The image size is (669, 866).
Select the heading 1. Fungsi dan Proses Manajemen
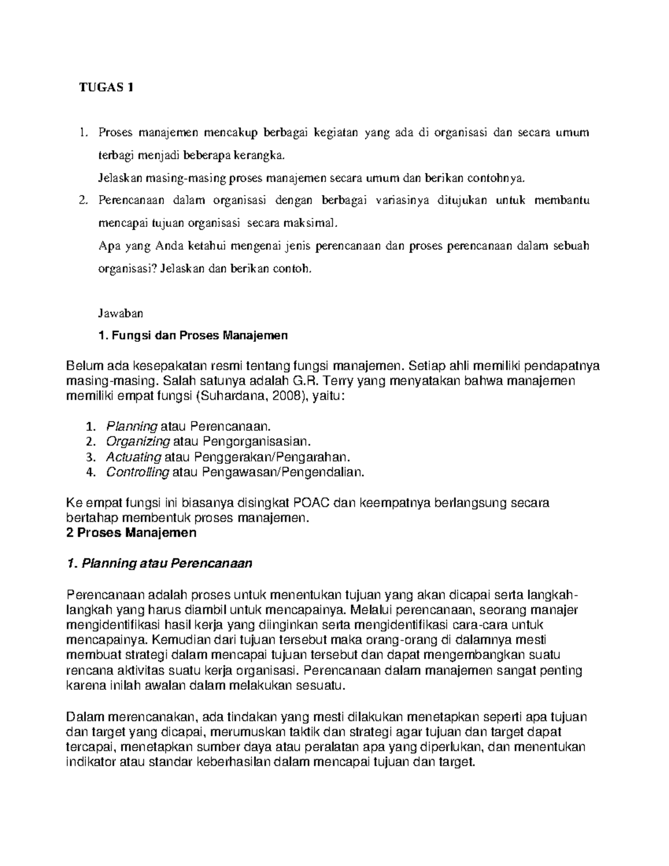tap(193, 336)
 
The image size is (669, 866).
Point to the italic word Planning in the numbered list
tap(131, 427)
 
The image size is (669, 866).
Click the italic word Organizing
tap(138, 442)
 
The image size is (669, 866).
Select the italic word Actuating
tap(133, 457)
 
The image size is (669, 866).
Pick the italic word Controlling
tap(137, 472)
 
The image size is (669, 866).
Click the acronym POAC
tap(311, 502)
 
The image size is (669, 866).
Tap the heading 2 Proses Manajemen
tap(131, 533)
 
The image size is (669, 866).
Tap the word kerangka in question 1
tap(265, 155)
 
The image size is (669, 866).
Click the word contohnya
tap(496, 178)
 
